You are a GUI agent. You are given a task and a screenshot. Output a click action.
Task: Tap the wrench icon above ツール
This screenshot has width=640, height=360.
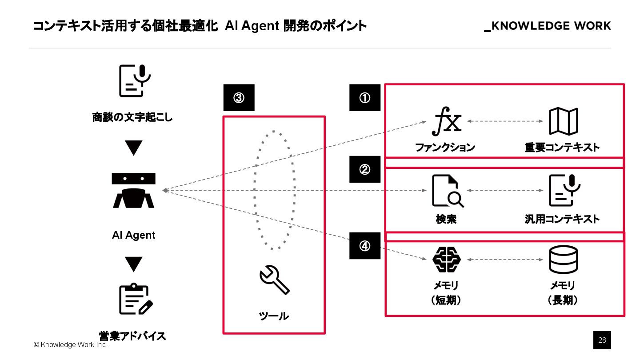(274, 280)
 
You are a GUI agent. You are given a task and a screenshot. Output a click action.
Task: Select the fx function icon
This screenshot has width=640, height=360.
(446, 121)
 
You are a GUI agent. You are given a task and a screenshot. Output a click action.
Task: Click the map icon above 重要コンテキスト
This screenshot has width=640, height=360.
(563, 121)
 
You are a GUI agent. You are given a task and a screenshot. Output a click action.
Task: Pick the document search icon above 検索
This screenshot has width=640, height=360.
(447, 191)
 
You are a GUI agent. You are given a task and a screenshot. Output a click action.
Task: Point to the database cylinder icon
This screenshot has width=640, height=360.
(563, 260)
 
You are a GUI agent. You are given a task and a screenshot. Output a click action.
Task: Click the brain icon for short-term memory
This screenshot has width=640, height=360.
(446, 260)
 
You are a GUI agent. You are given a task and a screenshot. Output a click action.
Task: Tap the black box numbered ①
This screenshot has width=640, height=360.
(365, 98)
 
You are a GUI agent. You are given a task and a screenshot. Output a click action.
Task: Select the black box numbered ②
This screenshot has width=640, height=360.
(365, 169)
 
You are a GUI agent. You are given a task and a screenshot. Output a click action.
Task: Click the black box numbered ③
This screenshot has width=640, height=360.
(239, 98)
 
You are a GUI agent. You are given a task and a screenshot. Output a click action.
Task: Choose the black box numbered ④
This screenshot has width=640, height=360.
(365, 246)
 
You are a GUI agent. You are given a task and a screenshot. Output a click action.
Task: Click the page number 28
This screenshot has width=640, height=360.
(602, 340)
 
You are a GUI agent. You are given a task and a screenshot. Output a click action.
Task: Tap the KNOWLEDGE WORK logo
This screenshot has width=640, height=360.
(548, 26)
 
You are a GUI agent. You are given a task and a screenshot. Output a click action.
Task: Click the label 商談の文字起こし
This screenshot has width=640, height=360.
(132, 118)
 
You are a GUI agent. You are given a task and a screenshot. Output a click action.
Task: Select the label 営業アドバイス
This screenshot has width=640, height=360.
(132, 336)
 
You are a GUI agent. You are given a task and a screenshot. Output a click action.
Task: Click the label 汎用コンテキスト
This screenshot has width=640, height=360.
(562, 219)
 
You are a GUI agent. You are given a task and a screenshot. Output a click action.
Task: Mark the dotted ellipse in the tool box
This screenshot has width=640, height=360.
(274, 190)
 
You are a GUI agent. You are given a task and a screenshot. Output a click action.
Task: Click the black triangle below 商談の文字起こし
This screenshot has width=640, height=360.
(133, 148)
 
